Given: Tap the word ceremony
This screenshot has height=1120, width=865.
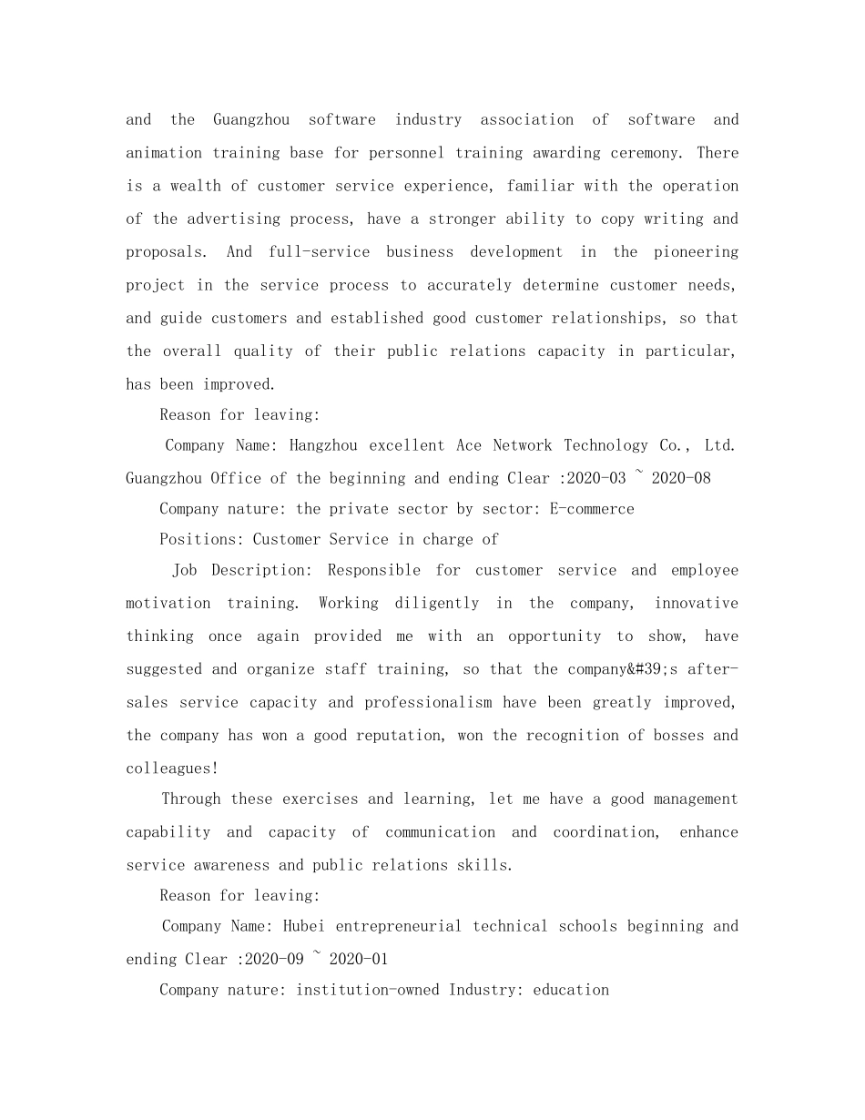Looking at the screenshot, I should click(649, 153).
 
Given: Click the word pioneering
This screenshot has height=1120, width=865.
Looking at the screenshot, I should click(696, 251).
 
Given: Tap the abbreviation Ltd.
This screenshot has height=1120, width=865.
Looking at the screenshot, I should click(720, 445).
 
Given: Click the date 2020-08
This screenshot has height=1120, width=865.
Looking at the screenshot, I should click(681, 478).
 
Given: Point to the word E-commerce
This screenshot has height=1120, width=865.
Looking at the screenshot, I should click(592, 508).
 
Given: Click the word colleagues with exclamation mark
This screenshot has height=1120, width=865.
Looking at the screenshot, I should click(172, 769).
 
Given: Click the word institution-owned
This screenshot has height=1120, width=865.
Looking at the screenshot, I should click(368, 989).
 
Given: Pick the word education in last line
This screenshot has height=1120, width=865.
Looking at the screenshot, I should click(571, 989).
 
